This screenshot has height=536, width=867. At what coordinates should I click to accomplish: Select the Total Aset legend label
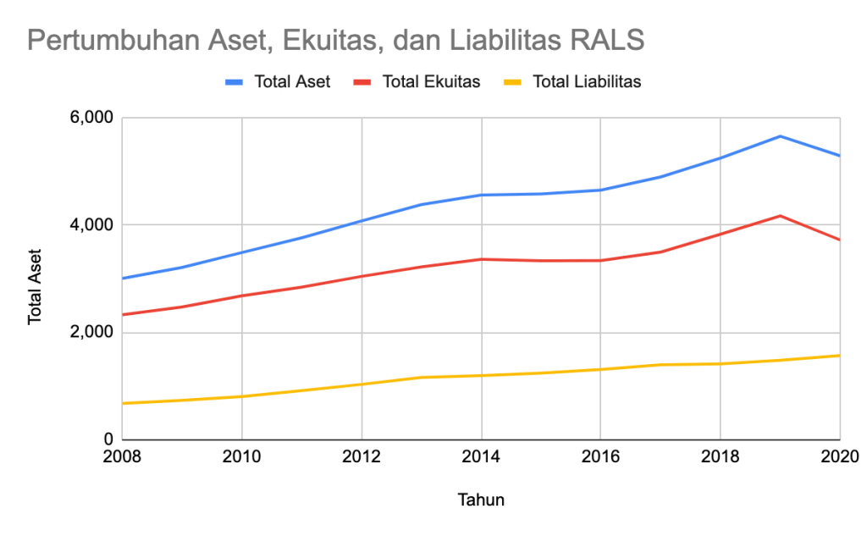[292, 82]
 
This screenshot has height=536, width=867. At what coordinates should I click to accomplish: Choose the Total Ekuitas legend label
[431, 82]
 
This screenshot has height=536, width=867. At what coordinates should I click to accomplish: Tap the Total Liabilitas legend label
[587, 82]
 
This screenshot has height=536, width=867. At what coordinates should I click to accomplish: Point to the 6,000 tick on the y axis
[89, 118]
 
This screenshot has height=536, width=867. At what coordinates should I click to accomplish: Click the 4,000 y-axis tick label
[89, 225]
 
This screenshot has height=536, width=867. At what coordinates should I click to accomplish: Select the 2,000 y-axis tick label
[89, 333]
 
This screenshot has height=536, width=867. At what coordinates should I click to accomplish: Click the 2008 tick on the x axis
[123, 458]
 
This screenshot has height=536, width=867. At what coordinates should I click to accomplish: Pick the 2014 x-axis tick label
[481, 458]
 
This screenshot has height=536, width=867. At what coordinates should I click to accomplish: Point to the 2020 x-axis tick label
[839, 458]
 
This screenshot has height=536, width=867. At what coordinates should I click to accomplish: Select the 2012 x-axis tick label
[362, 458]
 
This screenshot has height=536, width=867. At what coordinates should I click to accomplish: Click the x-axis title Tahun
[481, 500]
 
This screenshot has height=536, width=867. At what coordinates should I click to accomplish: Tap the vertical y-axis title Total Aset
[35, 286]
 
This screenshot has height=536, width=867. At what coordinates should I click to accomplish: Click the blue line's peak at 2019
[780, 136]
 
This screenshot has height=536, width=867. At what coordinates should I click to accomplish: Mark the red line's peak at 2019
[780, 216]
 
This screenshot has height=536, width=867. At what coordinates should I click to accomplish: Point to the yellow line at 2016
[600, 369]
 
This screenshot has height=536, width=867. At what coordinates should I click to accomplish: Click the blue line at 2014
[481, 195]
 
